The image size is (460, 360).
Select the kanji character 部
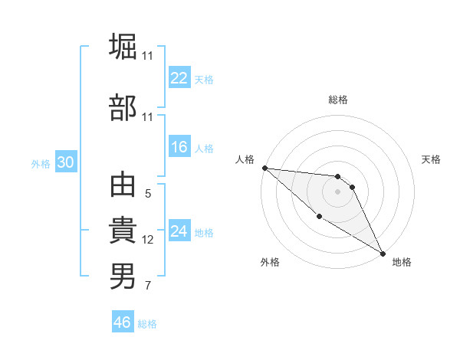(x=123, y=108)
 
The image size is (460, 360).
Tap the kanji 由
(x=123, y=186)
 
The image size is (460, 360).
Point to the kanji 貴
(x=123, y=231)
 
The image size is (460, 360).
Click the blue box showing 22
(x=179, y=78)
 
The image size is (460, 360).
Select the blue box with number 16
(x=179, y=148)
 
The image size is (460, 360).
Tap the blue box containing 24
(x=179, y=231)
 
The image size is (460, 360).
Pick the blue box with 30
(x=65, y=162)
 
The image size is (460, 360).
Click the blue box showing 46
(x=123, y=322)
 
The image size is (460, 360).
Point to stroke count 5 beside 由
(x=148, y=194)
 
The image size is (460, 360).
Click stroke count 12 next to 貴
(x=148, y=240)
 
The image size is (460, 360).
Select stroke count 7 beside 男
(x=148, y=286)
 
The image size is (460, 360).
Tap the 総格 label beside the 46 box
(x=147, y=324)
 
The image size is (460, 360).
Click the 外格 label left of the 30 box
(x=41, y=163)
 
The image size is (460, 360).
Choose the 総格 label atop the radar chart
(x=337, y=100)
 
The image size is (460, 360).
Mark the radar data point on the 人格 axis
(x=264, y=168)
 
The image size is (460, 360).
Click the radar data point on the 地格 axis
(x=383, y=253)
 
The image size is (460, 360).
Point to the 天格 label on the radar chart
(x=432, y=159)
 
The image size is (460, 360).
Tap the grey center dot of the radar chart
(x=337, y=191)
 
